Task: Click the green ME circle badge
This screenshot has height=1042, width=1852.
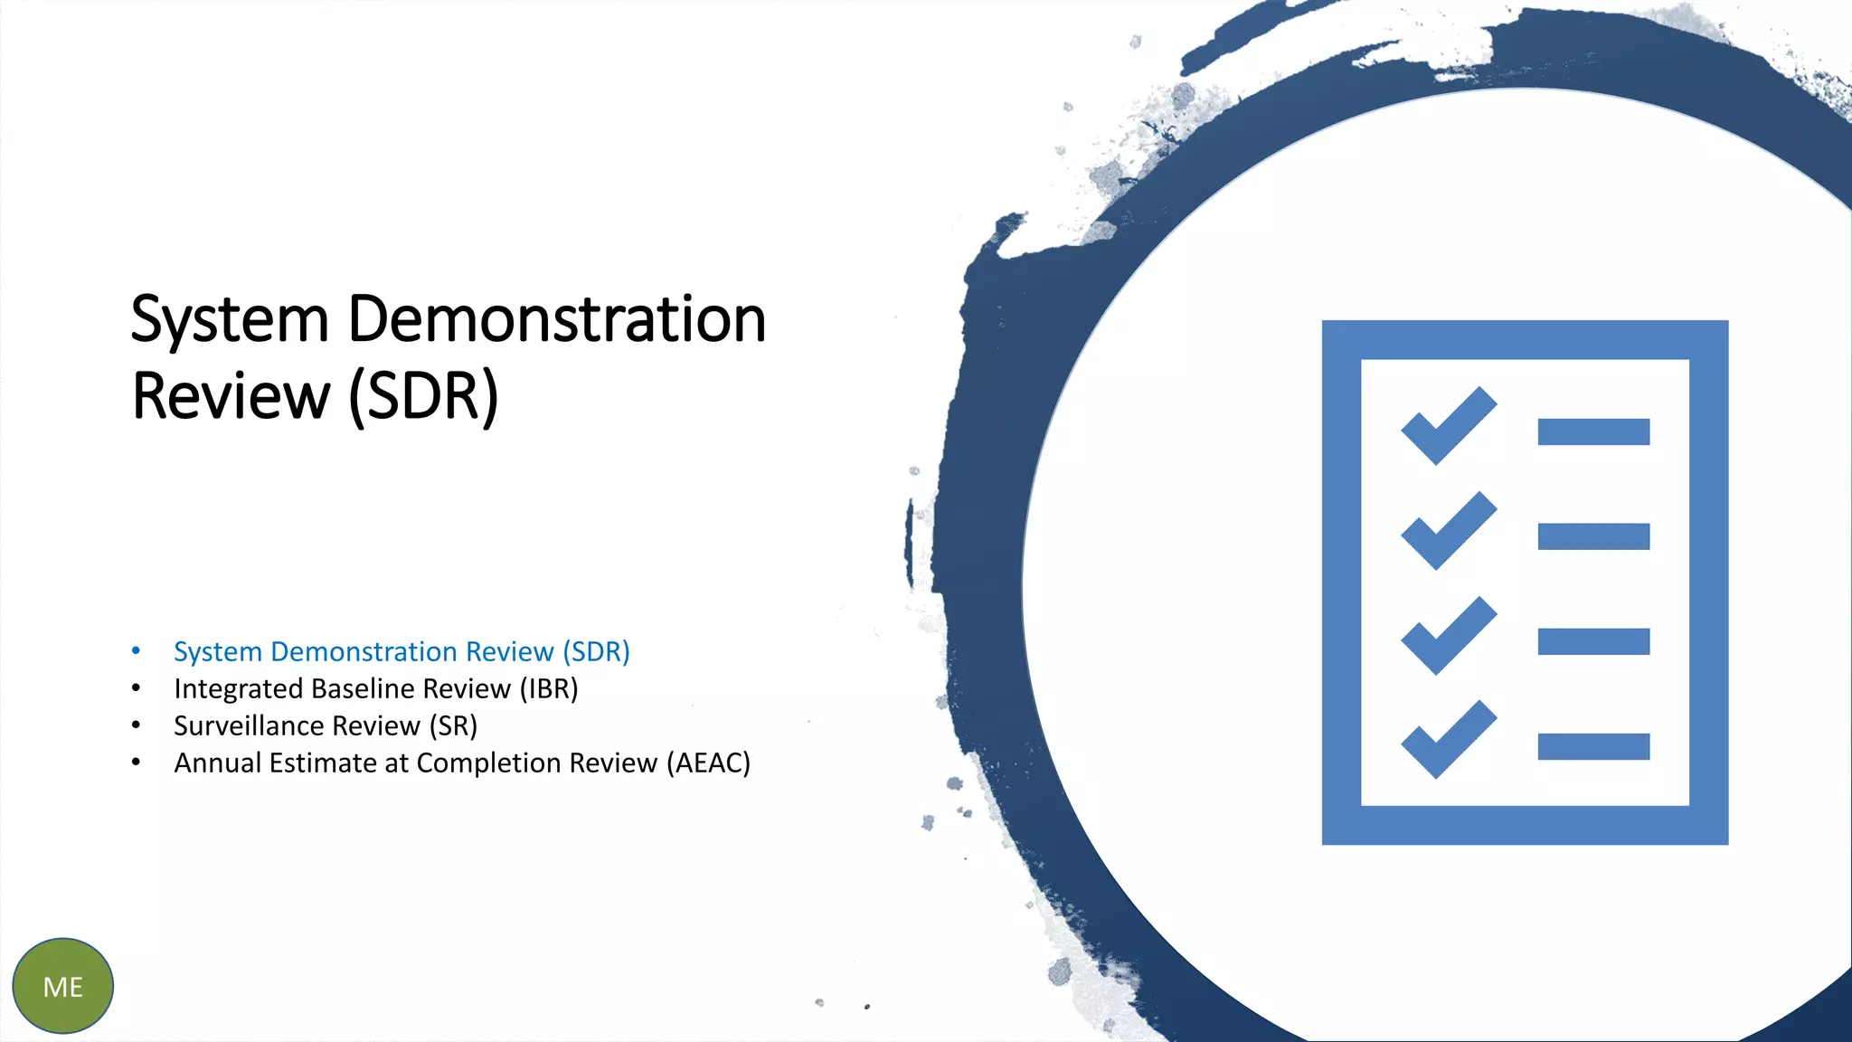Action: [62, 986]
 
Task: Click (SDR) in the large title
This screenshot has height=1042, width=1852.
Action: [423, 396]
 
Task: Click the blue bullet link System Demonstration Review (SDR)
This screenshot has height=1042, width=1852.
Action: [402, 651]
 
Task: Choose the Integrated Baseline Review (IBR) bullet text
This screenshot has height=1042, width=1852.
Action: [375, 688]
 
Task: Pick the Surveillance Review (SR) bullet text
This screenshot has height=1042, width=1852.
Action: [326, 725]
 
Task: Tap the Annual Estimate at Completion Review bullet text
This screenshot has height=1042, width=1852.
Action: [416, 763]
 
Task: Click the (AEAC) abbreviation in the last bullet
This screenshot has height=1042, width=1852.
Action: [708, 763]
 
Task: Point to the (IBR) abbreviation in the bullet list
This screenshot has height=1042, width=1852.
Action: [548, 688]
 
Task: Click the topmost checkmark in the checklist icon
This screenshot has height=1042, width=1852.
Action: [1448, 426]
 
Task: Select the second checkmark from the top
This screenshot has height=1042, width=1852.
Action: [1448, 531]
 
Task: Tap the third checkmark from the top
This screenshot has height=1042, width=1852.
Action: [1448, 635]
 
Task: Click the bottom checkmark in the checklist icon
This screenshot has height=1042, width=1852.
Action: [1448, 740]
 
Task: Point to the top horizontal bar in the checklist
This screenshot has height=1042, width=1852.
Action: [1593, 431]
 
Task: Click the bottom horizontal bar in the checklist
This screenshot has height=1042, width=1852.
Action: [1593, 746]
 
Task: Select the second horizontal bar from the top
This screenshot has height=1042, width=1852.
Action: [1593, 536]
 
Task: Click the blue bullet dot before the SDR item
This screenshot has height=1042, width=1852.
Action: [136, 650]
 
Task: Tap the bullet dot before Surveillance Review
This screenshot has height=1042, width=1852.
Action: [136, 725]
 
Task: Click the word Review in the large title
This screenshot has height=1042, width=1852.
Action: [231, 396]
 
